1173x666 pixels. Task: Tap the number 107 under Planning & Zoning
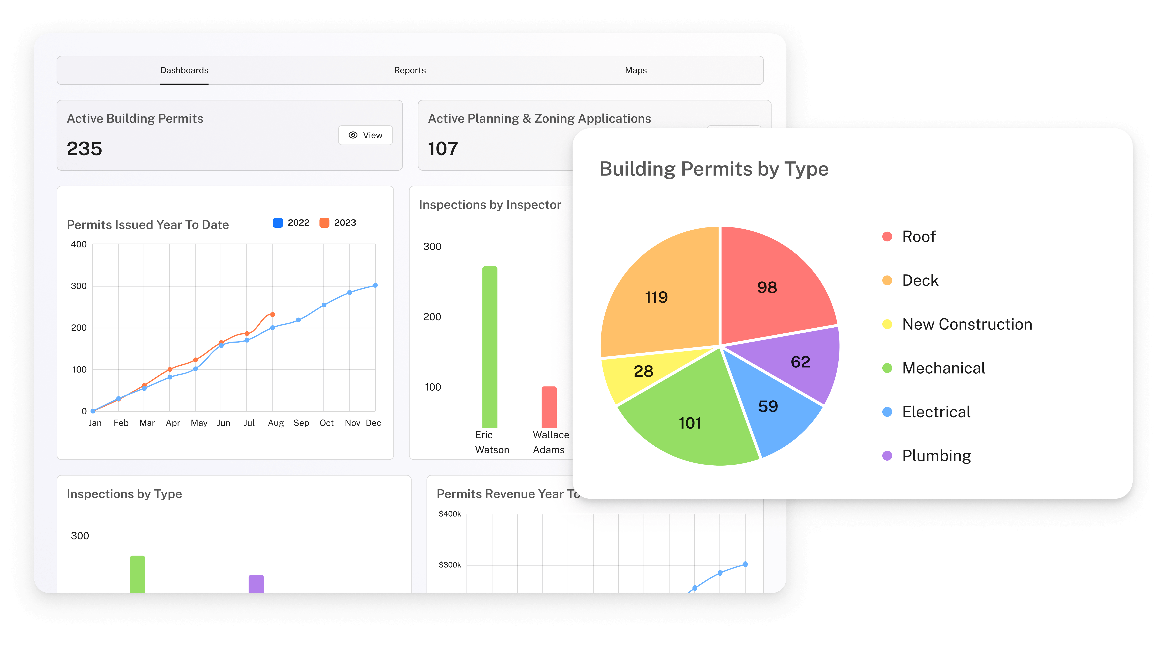click(443, 149)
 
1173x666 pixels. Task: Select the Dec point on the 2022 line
click(375, 285)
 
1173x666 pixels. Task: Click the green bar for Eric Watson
click(490, 348)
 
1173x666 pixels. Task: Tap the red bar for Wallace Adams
click(549, 407)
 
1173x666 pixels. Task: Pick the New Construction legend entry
click(966, 324)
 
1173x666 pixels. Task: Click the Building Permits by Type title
click(714, 169)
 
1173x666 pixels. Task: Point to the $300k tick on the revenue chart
click(450, 565)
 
